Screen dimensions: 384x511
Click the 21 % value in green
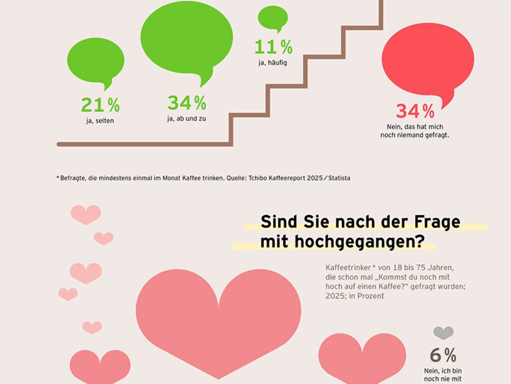(100, 105)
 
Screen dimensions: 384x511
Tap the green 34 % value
(187, 103)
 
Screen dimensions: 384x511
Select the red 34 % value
(415, 111)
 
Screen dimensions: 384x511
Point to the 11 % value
(273, 47)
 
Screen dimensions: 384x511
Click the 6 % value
(443, 355)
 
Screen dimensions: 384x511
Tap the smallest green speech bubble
(273, 18)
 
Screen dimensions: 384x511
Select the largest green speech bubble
(187, 38)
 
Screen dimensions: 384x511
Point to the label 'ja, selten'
(100, 121)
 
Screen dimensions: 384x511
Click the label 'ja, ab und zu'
(187, 119)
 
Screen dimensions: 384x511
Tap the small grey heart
(443, 332)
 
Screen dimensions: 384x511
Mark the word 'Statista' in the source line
(337, 178)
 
